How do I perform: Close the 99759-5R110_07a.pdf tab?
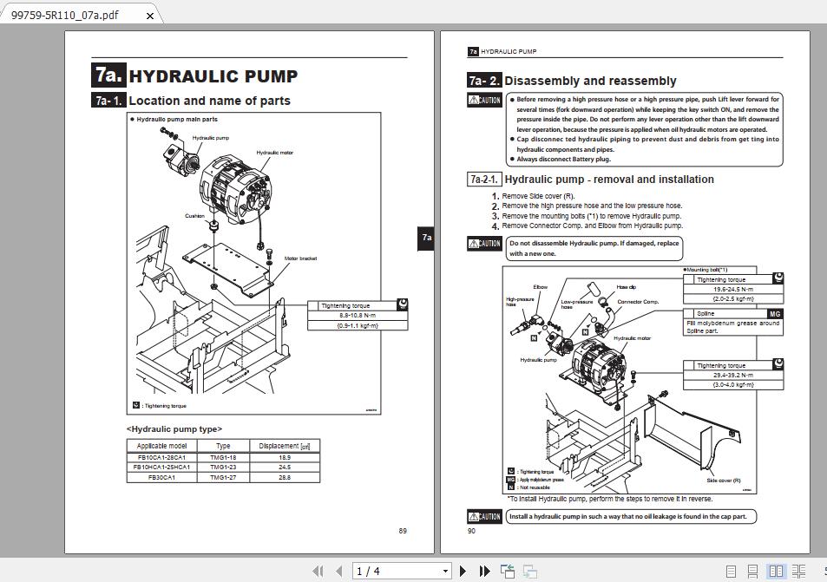pyautogui.click(x=150, y=16)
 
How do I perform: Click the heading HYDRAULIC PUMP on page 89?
pyautogui.click(x=213, y=76)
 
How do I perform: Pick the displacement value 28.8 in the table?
pyautogui.click(x=284, y=477)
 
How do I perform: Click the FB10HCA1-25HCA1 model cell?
pyautogui.click(x=161, y=467)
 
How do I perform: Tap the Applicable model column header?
pyautogui.click(x=161, y=446)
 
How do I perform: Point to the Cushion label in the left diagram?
pyautogui.click(x=194, y=216)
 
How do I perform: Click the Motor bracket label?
pyautogui.click(x=300, y=258)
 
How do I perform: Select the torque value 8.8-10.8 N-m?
pyautogui.click(x=358, y=316)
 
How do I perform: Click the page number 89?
pyautogui.click(x=403, y=531)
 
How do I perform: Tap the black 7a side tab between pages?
pyautogui.click(x=426, y=238)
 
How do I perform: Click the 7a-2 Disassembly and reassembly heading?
pyautogui.click(x=590, y=81)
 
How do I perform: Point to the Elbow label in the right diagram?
pyautogui.click(x=540, y=287)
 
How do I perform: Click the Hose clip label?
pyautogui.click(x=627, y=287)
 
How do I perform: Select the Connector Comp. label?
pyautogui.click(x=638, y=302)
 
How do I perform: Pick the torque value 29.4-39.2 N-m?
pyautogui.click(x=732, y=375)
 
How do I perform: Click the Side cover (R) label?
pyautogui.click(x=723, y=480)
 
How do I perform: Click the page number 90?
pyautogui.click(x=472, y=531)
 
